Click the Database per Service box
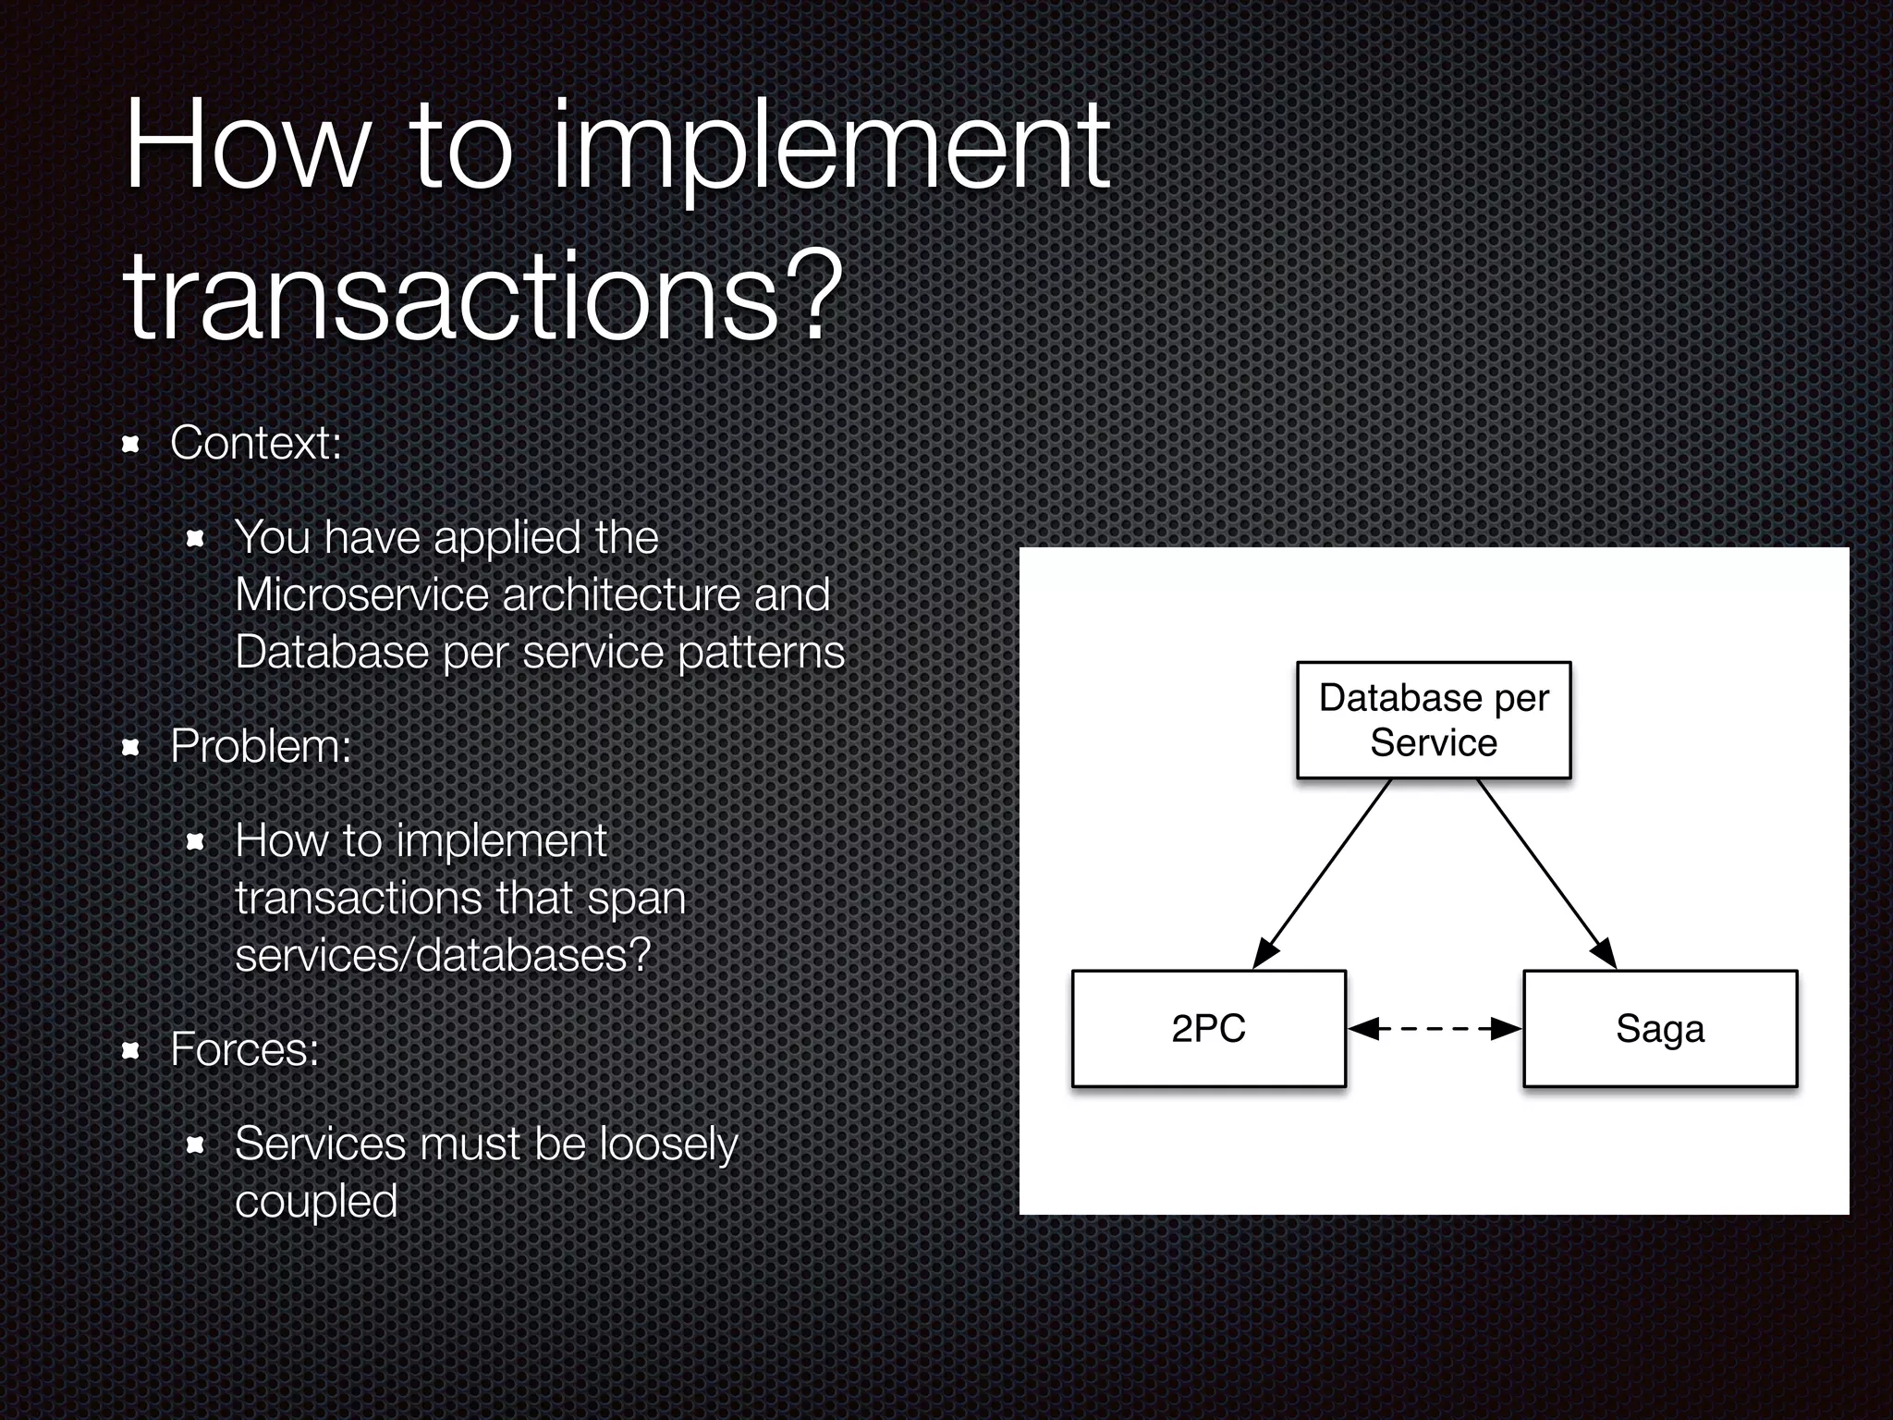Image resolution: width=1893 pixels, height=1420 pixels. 1433,720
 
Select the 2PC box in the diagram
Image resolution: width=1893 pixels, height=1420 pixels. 1208,1028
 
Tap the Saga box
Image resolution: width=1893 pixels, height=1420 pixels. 1659,1028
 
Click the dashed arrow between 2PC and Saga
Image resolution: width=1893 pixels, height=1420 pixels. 1435,1028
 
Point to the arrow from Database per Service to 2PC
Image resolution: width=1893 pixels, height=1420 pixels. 1322,874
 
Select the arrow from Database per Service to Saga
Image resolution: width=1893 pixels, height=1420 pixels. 1546,874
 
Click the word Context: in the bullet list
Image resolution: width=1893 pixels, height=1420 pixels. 256,443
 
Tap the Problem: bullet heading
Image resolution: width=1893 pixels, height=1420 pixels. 261,746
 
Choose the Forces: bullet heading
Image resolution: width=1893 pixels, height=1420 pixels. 245,1049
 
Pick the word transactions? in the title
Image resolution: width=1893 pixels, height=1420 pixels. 482,298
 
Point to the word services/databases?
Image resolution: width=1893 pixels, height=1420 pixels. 444,955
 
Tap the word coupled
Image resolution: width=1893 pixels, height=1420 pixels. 316,1202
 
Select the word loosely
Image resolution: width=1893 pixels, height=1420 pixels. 668,1145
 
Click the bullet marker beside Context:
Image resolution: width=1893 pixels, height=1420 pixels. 130,445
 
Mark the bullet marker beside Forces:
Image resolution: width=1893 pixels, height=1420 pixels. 130,1051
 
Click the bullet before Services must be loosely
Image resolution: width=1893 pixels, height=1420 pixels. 195,1146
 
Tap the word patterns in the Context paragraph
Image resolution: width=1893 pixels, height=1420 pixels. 761,653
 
